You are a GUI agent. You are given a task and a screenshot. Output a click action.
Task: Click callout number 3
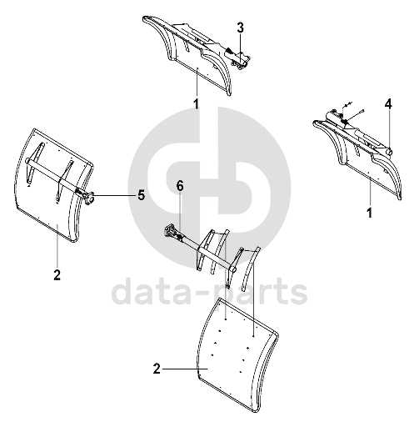[x=241, y=28]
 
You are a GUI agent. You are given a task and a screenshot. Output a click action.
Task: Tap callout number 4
[x=388, y=104]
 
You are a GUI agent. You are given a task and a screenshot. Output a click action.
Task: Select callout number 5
[x=142, y=195]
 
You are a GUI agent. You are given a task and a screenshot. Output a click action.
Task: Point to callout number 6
[x=180, y=187]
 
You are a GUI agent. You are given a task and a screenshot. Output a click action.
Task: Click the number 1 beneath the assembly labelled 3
[x=197, y=104]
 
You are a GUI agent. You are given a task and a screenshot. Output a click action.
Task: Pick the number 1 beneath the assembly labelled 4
[x=370, y=214]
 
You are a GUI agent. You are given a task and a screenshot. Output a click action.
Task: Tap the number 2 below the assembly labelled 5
[x=57, y=275]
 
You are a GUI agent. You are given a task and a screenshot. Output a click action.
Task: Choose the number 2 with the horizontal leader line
[x=157, y=369]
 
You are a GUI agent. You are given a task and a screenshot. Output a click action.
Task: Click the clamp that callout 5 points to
[x=89, y=198]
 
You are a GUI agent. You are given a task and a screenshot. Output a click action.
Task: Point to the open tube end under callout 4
[x=389, y=152]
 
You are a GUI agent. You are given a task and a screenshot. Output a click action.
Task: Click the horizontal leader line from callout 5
[x=114, y=195]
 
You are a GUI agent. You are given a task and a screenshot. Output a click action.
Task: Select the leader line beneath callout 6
[x=181, y=214]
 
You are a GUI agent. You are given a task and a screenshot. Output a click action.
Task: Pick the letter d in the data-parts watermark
[x=122, y=289]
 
